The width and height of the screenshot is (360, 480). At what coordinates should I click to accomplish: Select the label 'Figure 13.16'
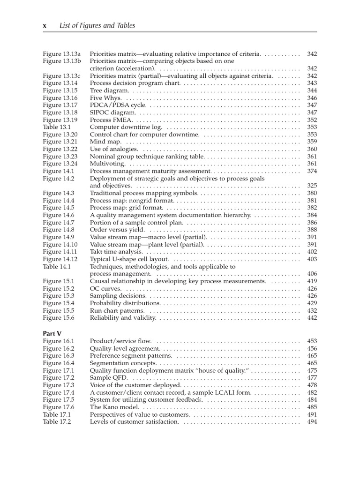(x=60, y=98)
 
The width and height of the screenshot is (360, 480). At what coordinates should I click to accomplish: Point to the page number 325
(x=312, y=186)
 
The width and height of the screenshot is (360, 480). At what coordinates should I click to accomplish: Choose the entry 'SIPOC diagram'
(x=112, y=112)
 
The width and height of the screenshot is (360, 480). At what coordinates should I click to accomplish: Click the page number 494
(x=312, y=421)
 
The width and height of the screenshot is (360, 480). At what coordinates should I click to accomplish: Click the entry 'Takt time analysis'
(x=116, y=252)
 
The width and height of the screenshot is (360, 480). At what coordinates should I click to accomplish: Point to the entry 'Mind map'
(x=105, y=142)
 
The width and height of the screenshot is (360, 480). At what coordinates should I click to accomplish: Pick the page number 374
(x=312, y=171)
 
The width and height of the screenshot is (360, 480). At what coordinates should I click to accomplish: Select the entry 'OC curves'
(x=105, y=288)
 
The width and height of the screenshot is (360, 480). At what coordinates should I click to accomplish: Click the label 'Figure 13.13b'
(x=62, y=61)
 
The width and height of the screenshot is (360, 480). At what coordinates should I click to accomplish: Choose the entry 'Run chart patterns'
(x=117, y=310)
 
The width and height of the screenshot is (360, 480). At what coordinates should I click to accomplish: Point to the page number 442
(x=312, y=318)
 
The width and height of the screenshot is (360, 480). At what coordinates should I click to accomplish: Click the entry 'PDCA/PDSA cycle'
(x=115, y=105)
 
